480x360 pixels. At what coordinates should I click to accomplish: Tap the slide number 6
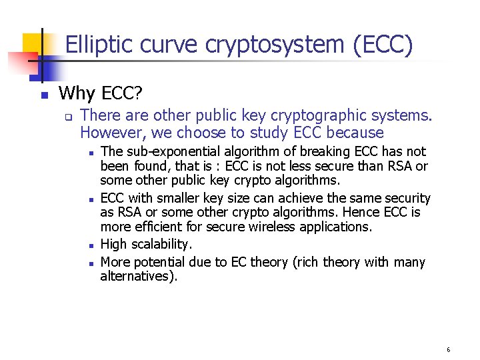tap(449, 349)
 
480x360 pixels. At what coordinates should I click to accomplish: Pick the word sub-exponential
tap(173, 152)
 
